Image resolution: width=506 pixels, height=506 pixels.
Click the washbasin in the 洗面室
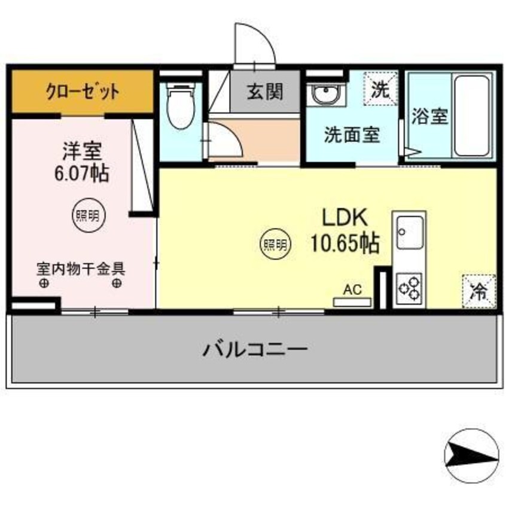(324, 95)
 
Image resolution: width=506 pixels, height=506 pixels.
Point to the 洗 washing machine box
(381, 89)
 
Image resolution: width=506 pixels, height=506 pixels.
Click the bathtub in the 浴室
(472, 115)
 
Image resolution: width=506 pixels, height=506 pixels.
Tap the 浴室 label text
(429, 116)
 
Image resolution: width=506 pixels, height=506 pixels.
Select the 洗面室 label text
(352, 135)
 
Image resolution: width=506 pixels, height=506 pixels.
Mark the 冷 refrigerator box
(478, 291)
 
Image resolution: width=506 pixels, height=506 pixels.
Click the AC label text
(352, 290)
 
